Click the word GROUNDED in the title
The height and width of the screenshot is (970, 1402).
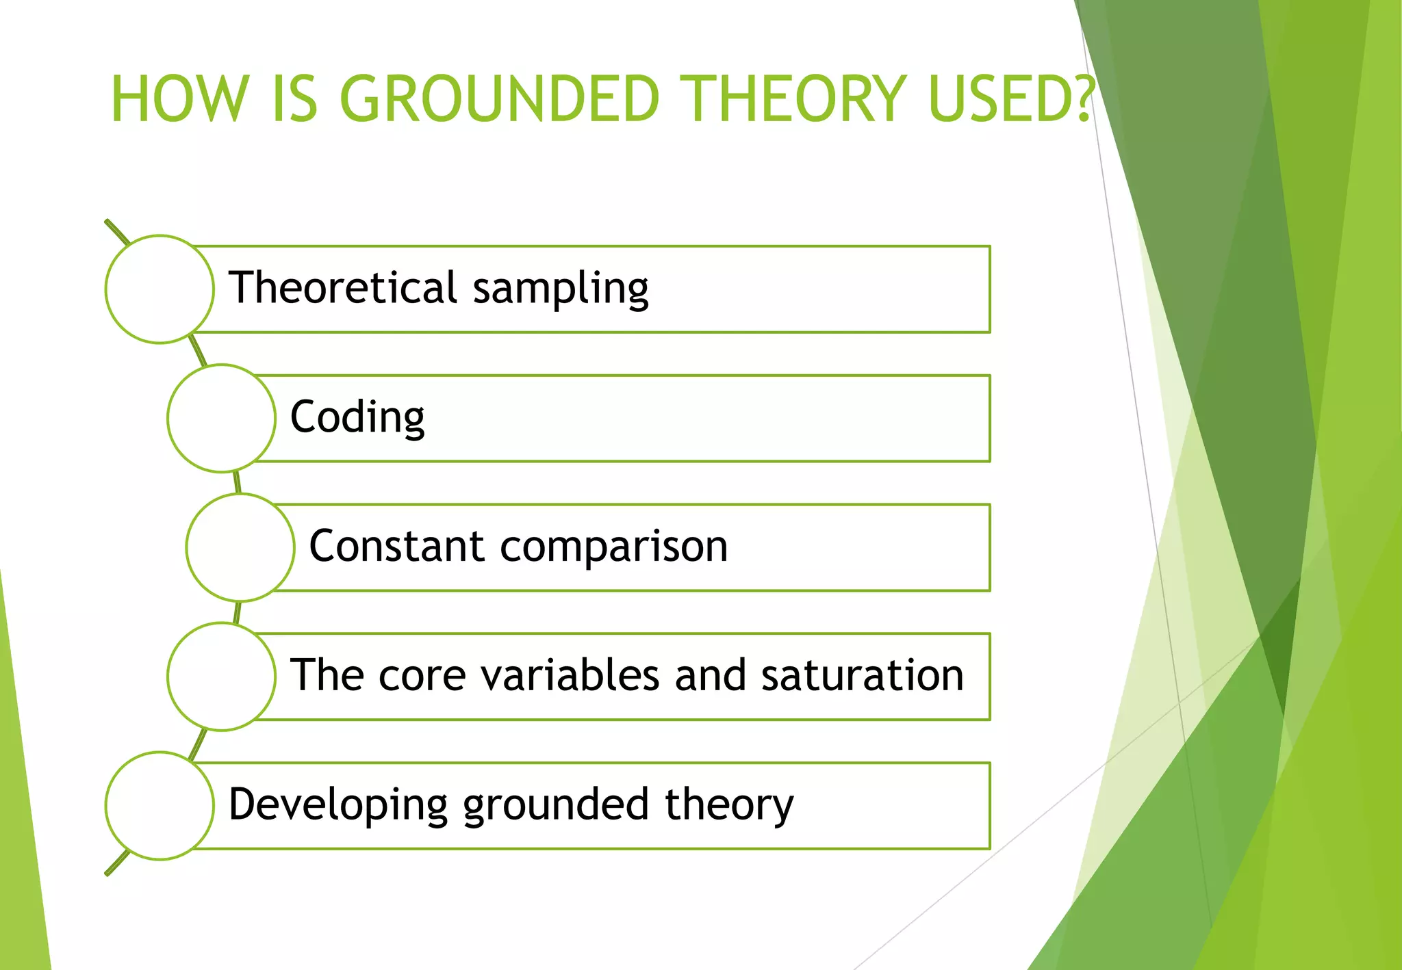(499, 99)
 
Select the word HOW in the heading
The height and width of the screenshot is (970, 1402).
(177, 99)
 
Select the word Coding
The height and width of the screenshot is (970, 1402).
(357, 417)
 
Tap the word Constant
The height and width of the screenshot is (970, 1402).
(397, 547)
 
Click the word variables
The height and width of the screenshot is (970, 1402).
(571, 675)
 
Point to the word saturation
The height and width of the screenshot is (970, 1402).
(862, 675)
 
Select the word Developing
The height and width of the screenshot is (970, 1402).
(338, 806)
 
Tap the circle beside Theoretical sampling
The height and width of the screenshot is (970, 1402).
(160, 289)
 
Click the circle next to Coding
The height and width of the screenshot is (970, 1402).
(221, 418)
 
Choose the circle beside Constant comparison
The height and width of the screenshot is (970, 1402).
(240, 547)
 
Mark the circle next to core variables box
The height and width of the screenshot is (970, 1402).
(221, 677)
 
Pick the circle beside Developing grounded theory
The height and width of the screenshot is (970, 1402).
(160, 806)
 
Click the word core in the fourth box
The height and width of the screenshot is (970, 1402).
(420, 677)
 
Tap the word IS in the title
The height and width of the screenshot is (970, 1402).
(295, 99)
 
